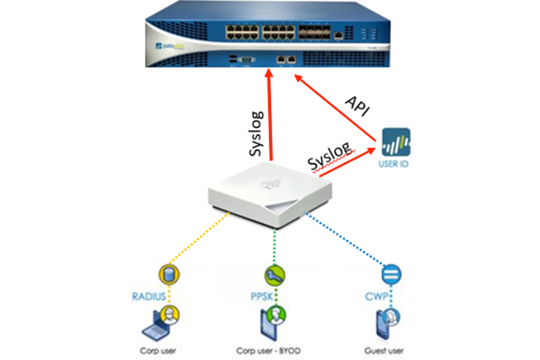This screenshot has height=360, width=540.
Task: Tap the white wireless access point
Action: tap(270, 193)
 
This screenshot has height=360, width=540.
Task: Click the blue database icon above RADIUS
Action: tap(165, 272)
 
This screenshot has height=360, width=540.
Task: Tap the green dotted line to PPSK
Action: tap(272, 243)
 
